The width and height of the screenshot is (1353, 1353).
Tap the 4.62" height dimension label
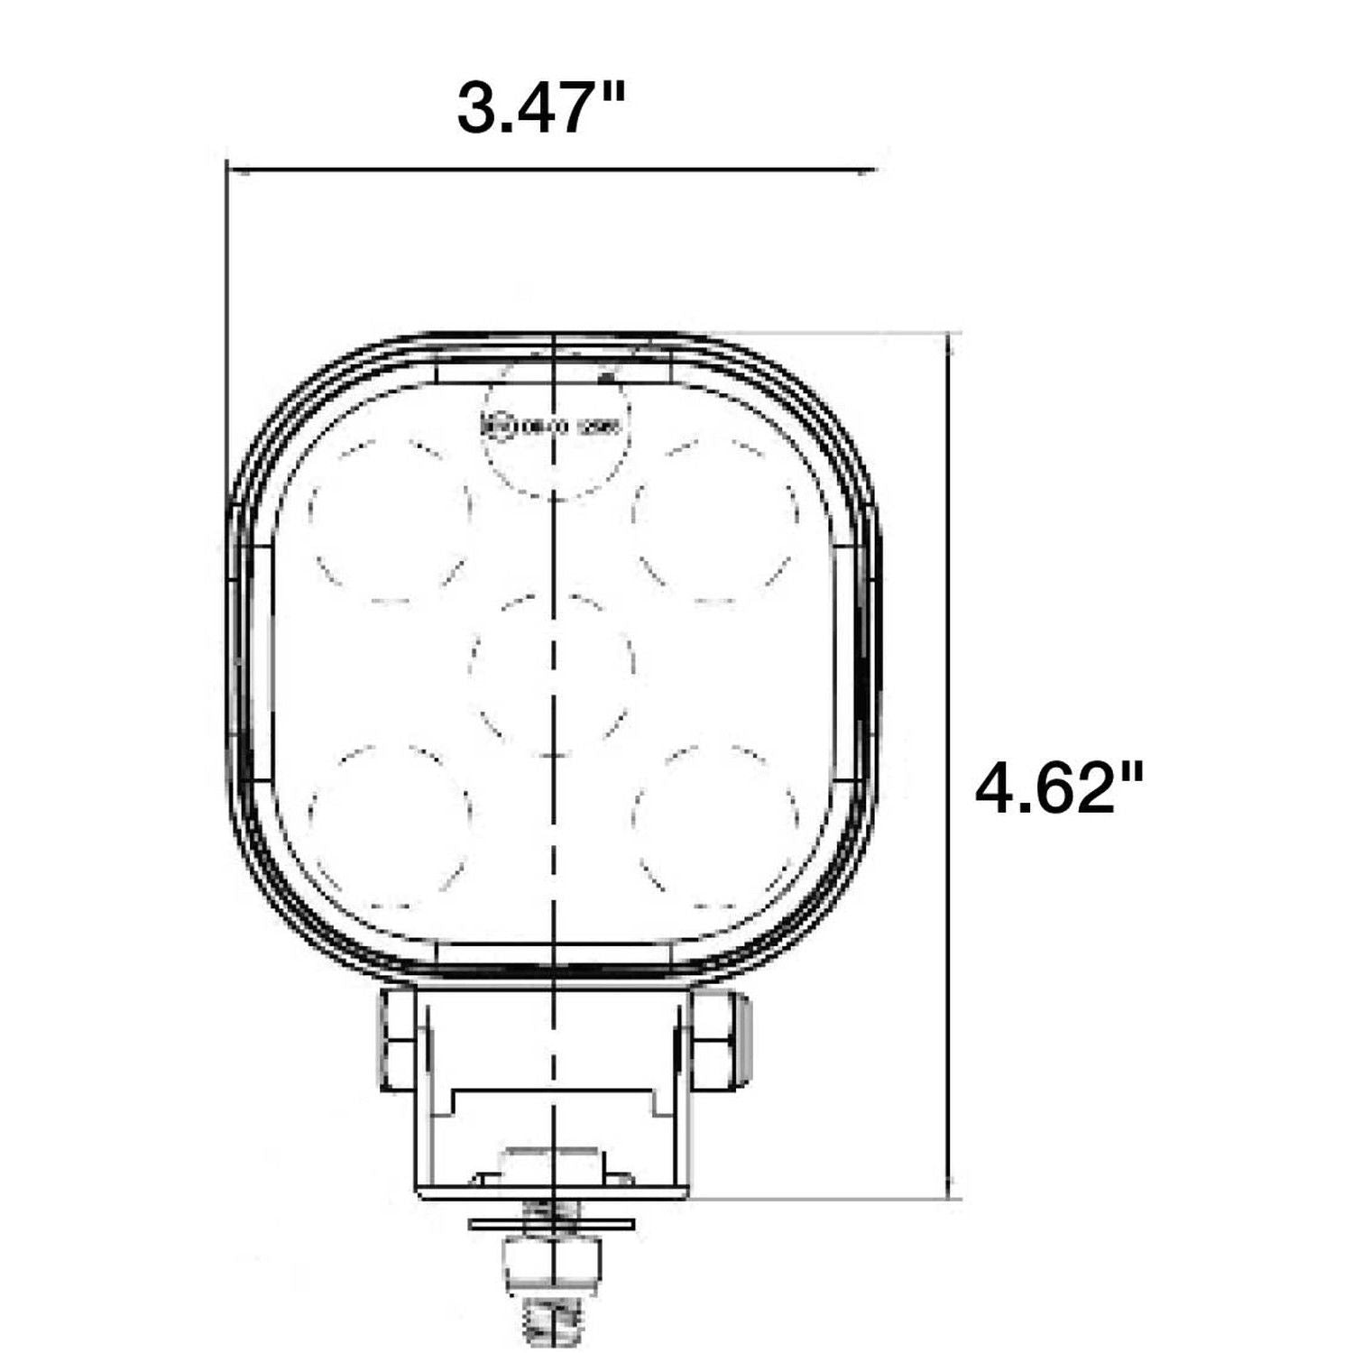(x=1059, y=787)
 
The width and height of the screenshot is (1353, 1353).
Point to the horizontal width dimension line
(x=550, y=168)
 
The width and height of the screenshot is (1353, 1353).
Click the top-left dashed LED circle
(x=390, y=519)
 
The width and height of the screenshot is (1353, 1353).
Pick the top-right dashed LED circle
(x=716, y=519)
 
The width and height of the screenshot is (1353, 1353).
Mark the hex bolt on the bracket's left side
(x=398, y=1038)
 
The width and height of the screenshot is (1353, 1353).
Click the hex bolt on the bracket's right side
(x=712, y=1038)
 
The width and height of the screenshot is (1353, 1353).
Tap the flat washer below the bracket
(x=551, y=1223)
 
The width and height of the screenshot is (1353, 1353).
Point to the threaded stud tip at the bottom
(x=551, y=1319)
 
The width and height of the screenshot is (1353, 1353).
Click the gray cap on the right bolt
(x=743, y=1037)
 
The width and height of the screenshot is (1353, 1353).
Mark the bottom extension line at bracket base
(x=821, y=1198)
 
